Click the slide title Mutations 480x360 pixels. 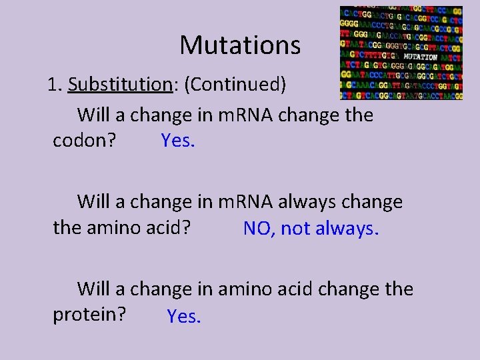240,45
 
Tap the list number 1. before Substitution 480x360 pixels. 55,85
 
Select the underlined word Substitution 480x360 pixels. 121,85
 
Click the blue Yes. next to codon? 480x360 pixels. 178,141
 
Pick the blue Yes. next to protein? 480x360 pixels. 184,317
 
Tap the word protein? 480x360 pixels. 89,314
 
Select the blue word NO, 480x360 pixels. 259,229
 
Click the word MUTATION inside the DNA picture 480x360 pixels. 420,57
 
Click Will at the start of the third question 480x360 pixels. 95,289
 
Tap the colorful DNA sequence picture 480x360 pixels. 401,53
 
